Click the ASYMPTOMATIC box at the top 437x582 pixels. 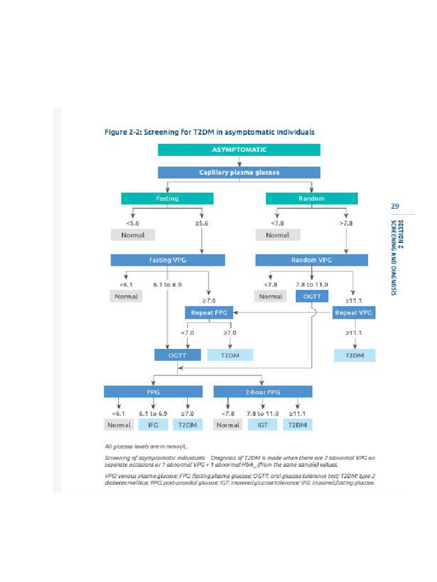pyautogui.click(x=238, y=150)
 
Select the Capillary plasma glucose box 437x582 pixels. pyautogui.click(x=238, y=172)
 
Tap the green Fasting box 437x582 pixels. pyautogui.click(x=167, y=198)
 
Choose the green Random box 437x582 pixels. pyautogui.click(x=311, y=198)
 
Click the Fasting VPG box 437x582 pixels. pyautogui.click(x=167, y=260)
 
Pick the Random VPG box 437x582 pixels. pyautogui.click(x=311, y=260)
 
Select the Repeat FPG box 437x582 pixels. pyautogui.click(x=209, y=313)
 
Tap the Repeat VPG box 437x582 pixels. pyautogui.click(x=354, y=313)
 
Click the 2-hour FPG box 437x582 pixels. pyautogui.click(x=262, y=392)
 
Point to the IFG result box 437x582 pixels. pyautogui.click(x=153, y=425)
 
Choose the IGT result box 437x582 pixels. pyautogui.click(x=262, y=425)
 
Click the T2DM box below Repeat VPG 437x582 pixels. pyautogui.click(x=354, y=355)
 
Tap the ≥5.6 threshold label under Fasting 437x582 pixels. pyautogui.click(x=203, y=223)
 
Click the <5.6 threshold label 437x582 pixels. pyautogui.click(x=133, y=223)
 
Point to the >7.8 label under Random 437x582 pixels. pyautogui.click(x=347, y=223)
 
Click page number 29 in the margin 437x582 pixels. pyautogui.click(x=395, y=206)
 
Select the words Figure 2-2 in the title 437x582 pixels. pyautogui.click(x=122, y=132)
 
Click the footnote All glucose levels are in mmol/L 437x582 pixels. pyautogui.click(x=146, y=447)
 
